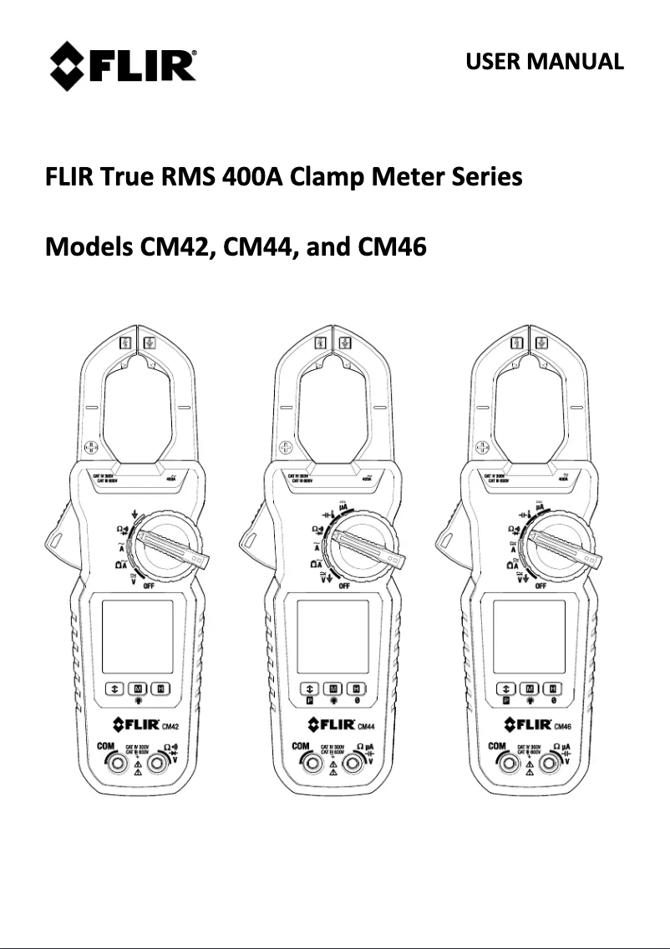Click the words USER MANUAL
[544, 62]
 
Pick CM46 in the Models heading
[392, 248]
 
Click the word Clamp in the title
[327, 178]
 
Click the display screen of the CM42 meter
[137, 637]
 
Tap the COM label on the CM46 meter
[496, 745]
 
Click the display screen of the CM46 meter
[529, 637]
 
